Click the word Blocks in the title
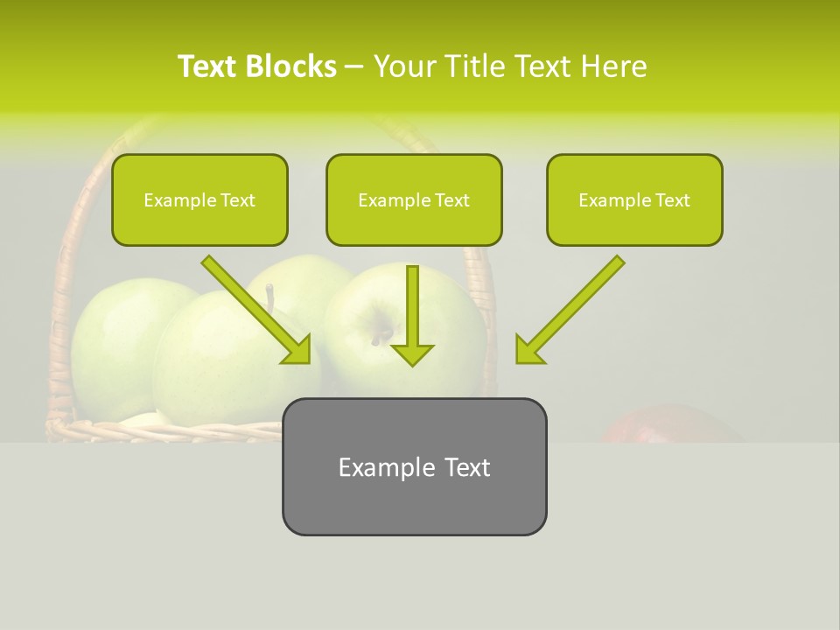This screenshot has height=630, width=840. tap(291, 66)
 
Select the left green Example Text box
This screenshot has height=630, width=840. tap(199, 199)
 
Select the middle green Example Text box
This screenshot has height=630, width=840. tap(414, 199)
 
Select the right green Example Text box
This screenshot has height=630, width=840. tap(634, 199)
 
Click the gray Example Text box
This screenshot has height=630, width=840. tap(414, 466)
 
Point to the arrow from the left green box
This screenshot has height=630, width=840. tap(256, 310)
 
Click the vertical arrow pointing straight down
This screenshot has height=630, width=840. tap(412, 315)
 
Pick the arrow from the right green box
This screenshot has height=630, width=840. tap(570, 310)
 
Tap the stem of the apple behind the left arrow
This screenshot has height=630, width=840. tap(270, 297)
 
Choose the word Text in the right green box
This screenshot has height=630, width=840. tap(672, 200)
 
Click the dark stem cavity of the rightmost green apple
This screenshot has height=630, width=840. tap(381, 334)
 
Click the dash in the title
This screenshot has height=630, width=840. tap(354, 66)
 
